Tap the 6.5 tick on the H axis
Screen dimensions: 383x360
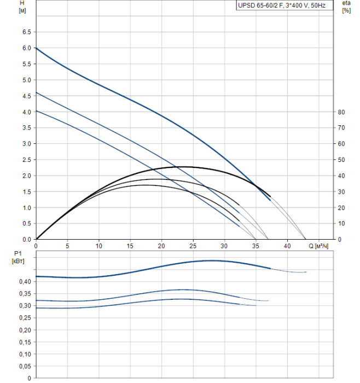click(26, 32)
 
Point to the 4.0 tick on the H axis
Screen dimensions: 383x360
click(26, 112)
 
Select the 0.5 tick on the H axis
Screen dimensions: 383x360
click(26, 224)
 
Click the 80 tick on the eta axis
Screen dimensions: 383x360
click(341, 112)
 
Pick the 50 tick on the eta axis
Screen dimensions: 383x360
click(341, 160)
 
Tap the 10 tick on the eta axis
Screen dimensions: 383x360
click(341, 224)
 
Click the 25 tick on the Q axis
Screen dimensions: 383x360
click(193, 246)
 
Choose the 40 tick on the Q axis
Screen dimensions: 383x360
click(287, 246)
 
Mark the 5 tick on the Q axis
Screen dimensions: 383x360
click(67, 246)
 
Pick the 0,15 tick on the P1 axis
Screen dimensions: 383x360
click(24, 342)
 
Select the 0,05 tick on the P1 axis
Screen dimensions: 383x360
click(24, 366)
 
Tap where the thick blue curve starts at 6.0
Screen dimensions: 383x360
click(36, 48)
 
